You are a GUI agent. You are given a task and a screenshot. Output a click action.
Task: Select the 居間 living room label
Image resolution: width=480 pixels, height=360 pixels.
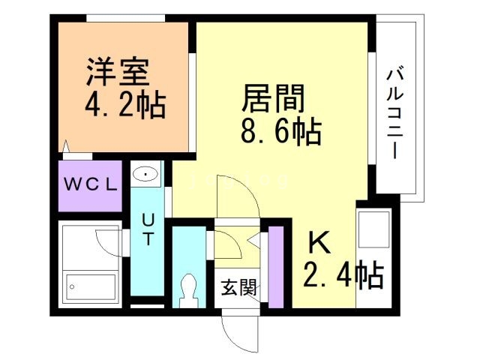point(274,97)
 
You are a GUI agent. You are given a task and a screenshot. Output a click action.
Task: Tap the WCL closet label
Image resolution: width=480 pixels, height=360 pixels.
point(89,185)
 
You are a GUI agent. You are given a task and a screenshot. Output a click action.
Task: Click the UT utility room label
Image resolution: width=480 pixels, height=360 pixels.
point(148,229)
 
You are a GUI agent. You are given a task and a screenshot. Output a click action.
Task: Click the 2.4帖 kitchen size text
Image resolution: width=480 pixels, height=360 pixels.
point(343,275)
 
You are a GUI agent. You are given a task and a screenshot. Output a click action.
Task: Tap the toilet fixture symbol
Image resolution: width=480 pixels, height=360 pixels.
point(187,289)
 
